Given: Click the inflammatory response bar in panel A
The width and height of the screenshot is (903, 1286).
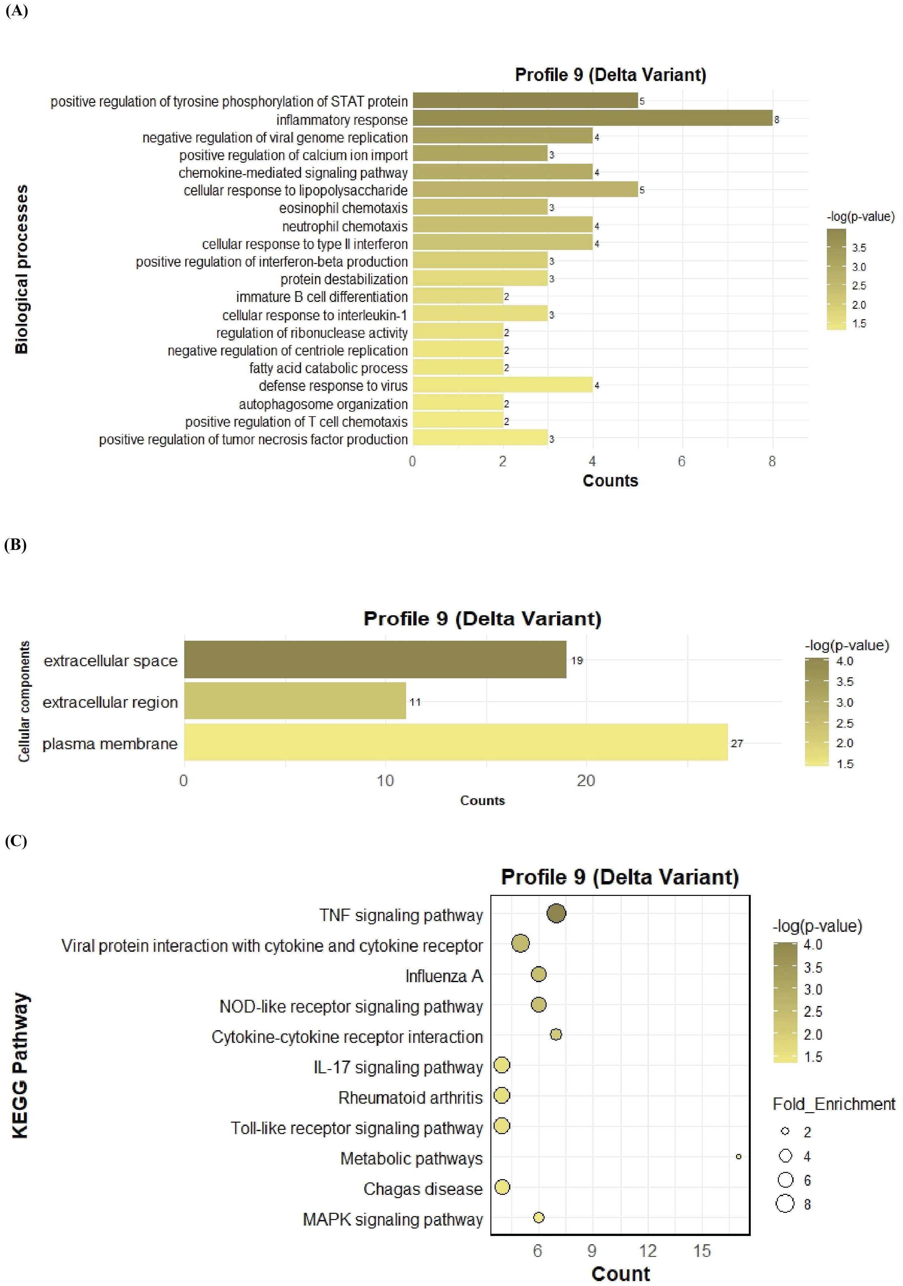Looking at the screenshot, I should (x=593, y=119).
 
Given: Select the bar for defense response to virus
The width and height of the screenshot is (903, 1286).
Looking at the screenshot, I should (x=502, y=385).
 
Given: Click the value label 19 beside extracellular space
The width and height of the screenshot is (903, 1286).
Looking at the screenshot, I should (x=577, y=660).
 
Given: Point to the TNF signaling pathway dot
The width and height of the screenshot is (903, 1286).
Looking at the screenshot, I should (x=556, y=914).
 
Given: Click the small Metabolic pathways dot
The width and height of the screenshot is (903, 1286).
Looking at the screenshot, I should (x=738, y=1157).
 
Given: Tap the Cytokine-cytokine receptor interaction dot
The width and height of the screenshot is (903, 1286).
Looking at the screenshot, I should (x=556, y=1034).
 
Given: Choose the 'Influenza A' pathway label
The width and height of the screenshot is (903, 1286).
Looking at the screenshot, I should (x=444, y=976).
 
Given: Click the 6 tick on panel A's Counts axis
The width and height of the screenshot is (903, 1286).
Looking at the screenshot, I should (x=682, y=462).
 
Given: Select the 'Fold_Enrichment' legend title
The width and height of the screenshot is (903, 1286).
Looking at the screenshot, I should (x=833, y=1104).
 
